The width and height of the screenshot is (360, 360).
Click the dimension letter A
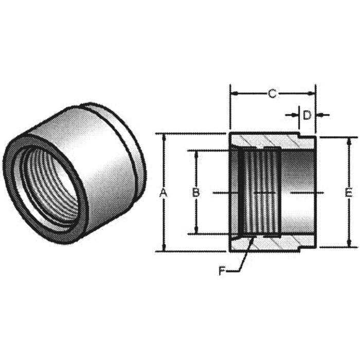click(x=164, y=193)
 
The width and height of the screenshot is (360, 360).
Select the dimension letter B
click(x=195, y=193)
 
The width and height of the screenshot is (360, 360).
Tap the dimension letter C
click(x=273, y=94)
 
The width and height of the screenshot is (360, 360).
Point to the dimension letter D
click(x=307, y=115)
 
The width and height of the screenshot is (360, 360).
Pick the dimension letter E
click(x=348, y=193)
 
